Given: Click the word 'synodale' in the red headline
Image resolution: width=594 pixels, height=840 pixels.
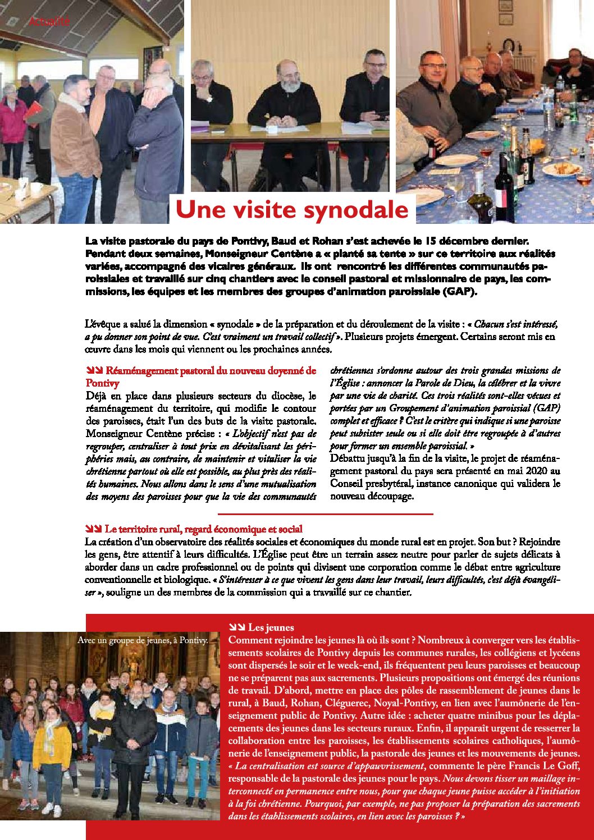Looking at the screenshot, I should pyautogui.click(x=356, y=209).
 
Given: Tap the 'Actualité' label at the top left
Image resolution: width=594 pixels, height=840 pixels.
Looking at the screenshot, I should pyautogui.click(x=49, y=22).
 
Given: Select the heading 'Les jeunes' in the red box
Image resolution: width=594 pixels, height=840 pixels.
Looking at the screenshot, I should pyautogui.click(x=271, y=627).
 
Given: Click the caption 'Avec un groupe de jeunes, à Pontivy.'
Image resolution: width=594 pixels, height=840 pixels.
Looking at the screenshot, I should pyautogui.click(x=143, y=640).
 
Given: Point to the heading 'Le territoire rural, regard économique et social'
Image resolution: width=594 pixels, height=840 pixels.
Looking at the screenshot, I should pyautogui.click(x=203, y=529).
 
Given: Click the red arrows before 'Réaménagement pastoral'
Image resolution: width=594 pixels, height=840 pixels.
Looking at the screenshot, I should pyautogui.click(x=93, y=371).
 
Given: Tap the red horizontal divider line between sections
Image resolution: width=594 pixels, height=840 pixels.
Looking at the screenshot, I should pyautogui.click(x=325, y=513).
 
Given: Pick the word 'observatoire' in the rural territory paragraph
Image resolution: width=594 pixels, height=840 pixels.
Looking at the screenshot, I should pyautogui.click(x=194, y=542).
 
